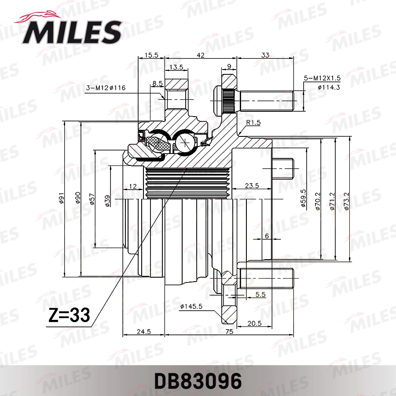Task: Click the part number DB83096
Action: tap(198, 381)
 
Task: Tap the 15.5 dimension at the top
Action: tap(151, 55)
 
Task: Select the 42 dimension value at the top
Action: tap(201, 55)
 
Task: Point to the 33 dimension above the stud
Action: tap(265, 55)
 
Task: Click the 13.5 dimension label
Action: tap(176, 67)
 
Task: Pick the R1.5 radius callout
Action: tap(253, 123)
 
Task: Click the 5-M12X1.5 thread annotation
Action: tap(322, 77)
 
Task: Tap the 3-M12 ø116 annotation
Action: tap(106, 88)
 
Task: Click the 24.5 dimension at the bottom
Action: tap(143, 332)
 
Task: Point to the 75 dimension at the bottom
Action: tap(228, 332)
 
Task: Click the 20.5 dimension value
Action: tap(254, 323)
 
